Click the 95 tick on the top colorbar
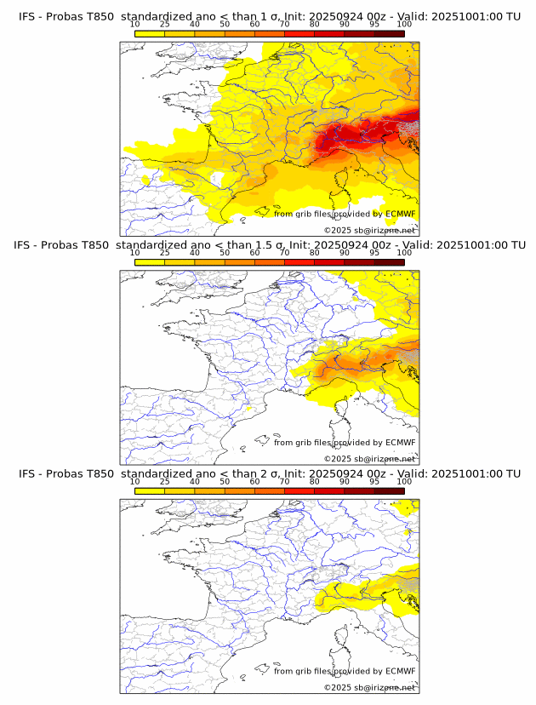(374, 33)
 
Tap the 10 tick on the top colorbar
(135, 33)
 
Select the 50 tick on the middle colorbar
(225, 262)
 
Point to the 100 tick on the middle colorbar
(404, 262)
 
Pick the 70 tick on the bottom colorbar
(284, 491)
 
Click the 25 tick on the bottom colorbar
(165, 491)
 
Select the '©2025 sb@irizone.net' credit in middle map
(370, 459)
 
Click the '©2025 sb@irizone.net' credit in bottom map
(370, 688)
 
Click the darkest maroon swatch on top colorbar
(389, 33)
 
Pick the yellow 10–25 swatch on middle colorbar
(150, 262)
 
